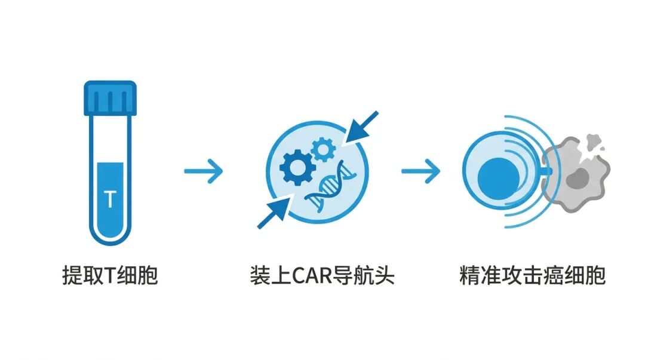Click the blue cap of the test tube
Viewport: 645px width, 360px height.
point(110,98)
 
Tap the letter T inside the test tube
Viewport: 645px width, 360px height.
point(110,199)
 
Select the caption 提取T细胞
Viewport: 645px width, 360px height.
point(110,276)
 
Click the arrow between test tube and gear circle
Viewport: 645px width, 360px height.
point(203,172)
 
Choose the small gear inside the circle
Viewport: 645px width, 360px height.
point(323,149)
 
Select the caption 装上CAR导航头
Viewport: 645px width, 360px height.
point(322,276)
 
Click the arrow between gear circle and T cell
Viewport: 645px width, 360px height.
point(420,172)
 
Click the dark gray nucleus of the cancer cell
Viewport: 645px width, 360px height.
point(577,177)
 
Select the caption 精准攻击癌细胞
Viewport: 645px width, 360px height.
point(533,276)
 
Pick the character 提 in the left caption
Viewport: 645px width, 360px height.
point(72,276)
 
